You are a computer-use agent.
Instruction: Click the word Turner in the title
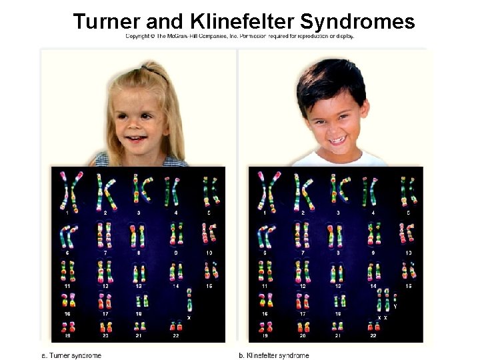coord(107,21)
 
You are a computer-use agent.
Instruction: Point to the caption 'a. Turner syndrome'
coord(71,355)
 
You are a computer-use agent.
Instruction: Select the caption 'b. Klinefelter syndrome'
coord(273,355)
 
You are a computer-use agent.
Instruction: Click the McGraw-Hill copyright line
coord(240,36)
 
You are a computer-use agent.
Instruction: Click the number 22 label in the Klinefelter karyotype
coord(373,335)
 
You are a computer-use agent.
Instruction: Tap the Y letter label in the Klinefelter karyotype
coord(395,307)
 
